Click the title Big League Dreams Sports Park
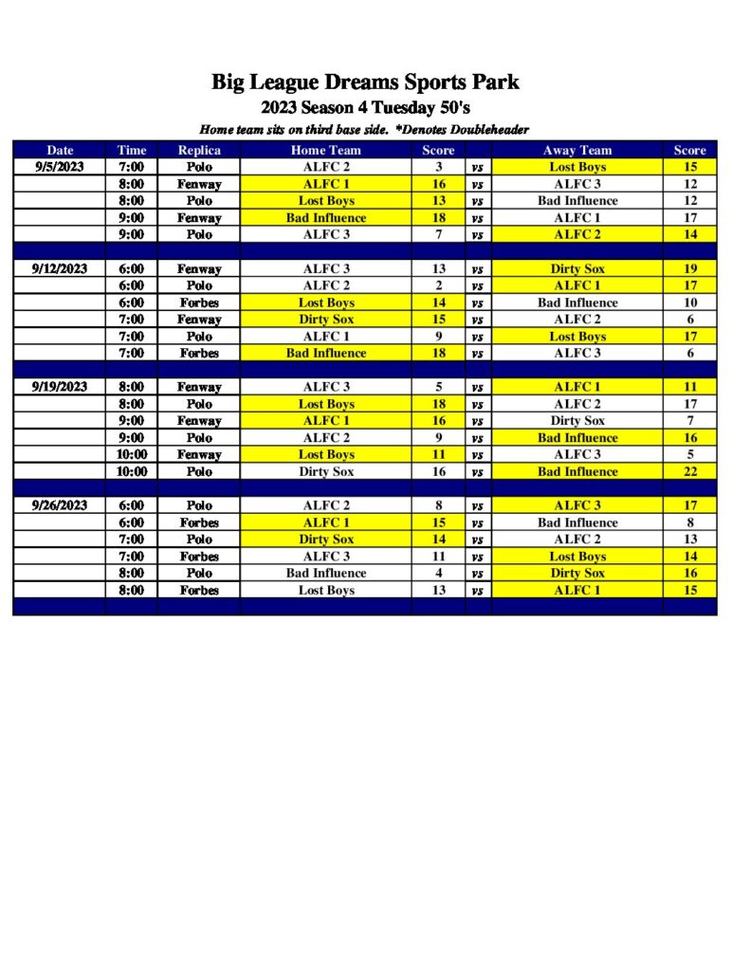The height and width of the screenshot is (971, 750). point(365,82)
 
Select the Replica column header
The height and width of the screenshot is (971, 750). point(199,150)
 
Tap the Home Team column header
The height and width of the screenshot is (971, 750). point(325,150)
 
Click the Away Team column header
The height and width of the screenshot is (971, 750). point(576,150)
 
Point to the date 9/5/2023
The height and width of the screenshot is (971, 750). point(59,167)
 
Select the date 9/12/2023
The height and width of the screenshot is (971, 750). point(59,268)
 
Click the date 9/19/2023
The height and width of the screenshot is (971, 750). point(59,387)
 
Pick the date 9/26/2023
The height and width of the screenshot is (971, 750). point(59,505)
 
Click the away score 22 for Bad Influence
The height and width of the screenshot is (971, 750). point(689,471)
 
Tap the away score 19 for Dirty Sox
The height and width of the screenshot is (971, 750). point(689,268)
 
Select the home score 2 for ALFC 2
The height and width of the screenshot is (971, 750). point(438,285)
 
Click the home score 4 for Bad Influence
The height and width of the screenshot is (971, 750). point(438,573)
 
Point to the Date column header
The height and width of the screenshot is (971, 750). point(59,150)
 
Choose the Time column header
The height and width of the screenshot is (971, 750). point(132,150)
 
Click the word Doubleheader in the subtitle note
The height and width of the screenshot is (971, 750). point(485,129)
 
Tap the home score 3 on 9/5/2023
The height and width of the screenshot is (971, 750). point(438,167)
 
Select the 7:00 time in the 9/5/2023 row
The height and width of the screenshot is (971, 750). point(132,167)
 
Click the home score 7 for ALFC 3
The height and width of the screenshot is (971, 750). point(438,234)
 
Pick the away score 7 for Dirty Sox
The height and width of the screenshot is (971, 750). point(689,420)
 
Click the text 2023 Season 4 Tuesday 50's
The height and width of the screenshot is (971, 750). point(365,108)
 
